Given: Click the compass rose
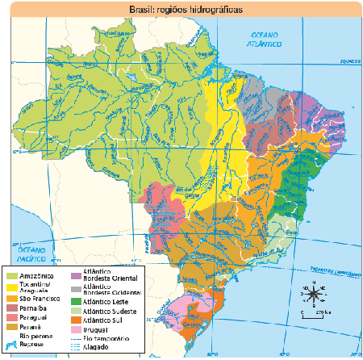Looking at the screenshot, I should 312,292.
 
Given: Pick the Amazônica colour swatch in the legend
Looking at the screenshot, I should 11,277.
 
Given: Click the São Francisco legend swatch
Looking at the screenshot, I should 11,299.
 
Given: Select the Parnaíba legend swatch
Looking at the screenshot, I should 11,308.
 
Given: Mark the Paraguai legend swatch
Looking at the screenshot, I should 11,317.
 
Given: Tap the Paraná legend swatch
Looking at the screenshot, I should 11,326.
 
